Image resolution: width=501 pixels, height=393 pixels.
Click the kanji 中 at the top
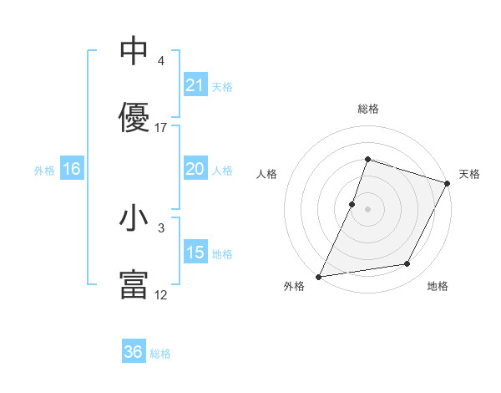134,50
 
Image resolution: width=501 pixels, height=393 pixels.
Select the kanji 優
134,118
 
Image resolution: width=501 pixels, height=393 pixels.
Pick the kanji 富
134,285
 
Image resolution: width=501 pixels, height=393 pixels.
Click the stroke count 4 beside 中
160,61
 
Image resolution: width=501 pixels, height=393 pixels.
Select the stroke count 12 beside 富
161,295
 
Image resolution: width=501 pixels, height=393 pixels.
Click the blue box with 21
195,85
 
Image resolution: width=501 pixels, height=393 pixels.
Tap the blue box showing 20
195,169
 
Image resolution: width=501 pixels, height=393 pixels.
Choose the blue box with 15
195,253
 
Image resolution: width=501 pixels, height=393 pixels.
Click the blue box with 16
72,169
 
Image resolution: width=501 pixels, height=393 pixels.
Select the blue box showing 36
134,352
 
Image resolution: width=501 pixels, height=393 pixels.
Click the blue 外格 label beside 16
44,171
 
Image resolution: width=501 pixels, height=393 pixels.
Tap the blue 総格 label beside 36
160,354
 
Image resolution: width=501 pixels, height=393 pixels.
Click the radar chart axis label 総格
367,109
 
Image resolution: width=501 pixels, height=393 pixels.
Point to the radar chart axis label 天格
469,174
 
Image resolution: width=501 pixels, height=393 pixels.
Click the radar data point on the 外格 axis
319,276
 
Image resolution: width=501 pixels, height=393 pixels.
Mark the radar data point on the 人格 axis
352,204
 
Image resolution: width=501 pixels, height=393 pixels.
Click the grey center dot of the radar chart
367,209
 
